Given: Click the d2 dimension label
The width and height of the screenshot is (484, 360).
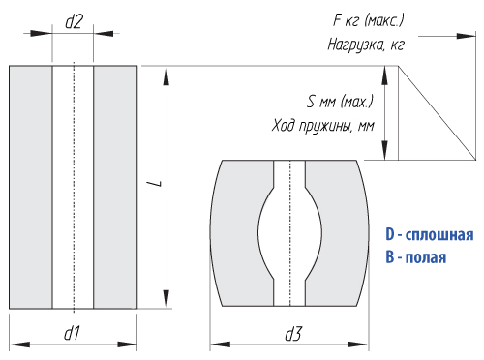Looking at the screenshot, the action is [x=74, y=22].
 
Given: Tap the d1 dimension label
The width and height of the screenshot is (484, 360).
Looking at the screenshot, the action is [x=72, y=333].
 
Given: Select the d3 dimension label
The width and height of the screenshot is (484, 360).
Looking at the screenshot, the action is [x=293, y=334].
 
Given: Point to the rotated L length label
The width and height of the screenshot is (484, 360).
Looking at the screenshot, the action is [x=158, y=184].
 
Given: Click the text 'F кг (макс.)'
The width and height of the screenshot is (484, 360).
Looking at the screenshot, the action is [x=368, y=21].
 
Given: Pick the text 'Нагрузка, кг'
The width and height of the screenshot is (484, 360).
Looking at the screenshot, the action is [x=366, y=45].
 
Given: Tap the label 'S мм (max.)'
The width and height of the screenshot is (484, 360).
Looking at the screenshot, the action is [x=340, y=102].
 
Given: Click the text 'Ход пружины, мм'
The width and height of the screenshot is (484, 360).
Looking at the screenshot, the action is [x=323, y=126].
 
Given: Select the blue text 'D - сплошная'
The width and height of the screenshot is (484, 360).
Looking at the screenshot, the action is [x=430, y=235].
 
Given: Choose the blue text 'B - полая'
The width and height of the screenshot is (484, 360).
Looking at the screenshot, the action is [x=416, y=257].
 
